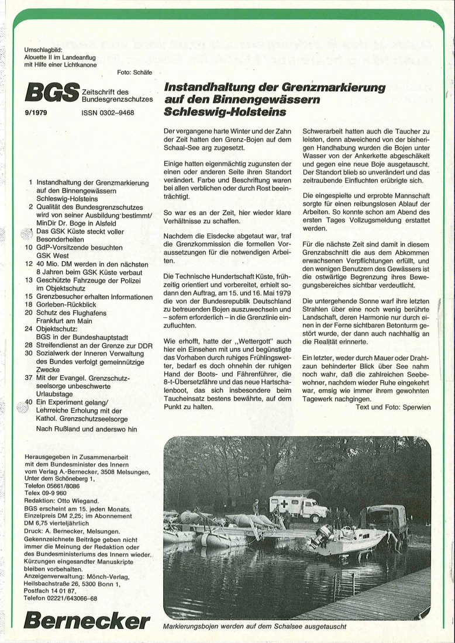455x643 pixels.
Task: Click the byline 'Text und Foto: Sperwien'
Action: click(393, 407)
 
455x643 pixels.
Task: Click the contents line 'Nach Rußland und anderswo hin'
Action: click(87, 429)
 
